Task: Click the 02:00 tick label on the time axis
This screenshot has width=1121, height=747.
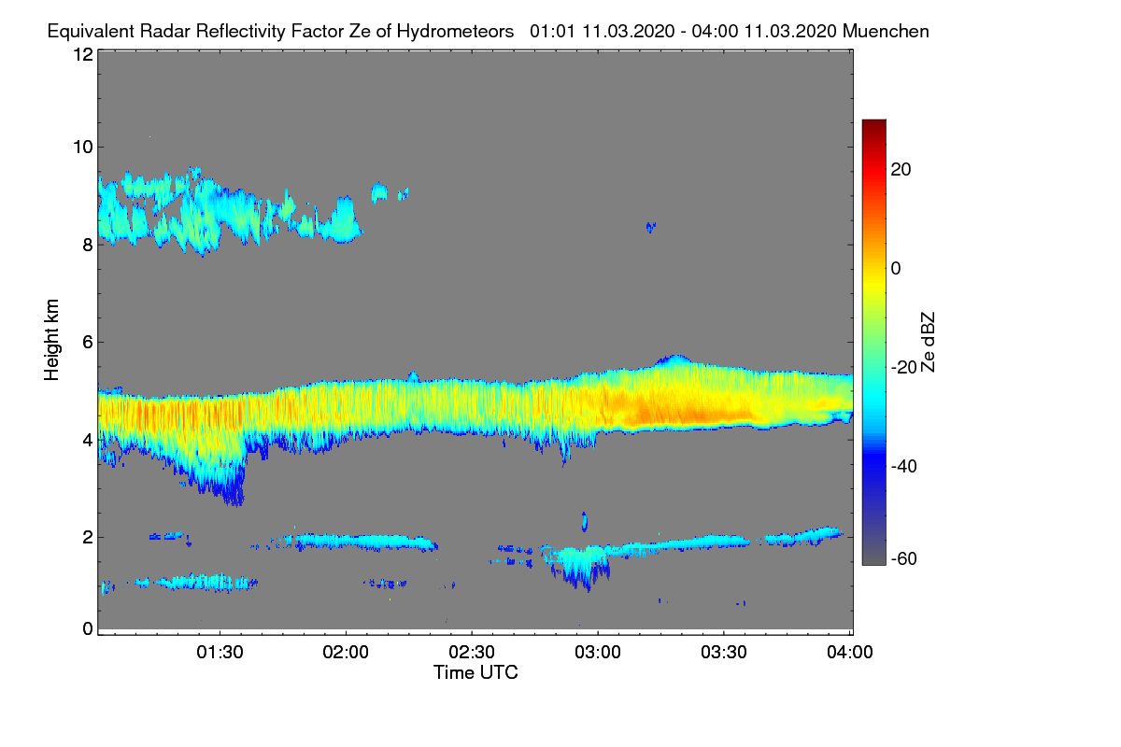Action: click(346, 653)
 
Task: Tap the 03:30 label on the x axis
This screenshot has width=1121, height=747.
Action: click(724, 653)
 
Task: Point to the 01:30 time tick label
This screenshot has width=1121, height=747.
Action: click(220, 653)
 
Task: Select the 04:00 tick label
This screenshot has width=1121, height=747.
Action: click(850, 653)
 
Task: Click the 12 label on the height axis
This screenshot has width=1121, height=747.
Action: click(82, 54)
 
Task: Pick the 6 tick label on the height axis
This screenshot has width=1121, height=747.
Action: click(88, 342)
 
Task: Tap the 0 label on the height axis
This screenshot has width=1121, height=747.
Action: click(88, 628)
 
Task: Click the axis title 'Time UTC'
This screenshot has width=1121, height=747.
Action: click(475, 672)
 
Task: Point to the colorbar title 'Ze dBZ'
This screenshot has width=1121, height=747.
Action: click(929, 341)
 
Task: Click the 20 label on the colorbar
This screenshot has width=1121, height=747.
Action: click(901, 170)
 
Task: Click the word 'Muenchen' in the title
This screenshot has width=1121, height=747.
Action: click(886, 31)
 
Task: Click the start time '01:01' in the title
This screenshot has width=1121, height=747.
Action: click(552, 31)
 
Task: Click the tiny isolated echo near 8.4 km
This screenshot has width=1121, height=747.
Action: click(650, 226)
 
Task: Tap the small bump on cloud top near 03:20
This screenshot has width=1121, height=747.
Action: click(673, 359)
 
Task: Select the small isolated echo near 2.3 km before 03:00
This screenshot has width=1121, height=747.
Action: click(585, 520)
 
